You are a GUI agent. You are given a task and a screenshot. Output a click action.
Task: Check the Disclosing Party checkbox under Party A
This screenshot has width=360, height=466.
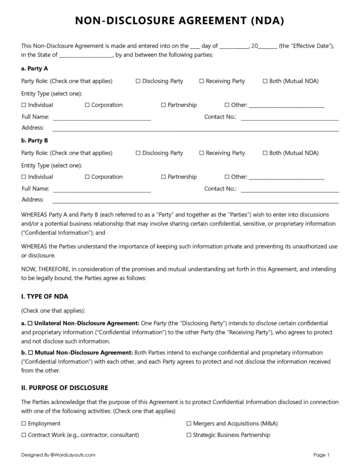click(138, 81)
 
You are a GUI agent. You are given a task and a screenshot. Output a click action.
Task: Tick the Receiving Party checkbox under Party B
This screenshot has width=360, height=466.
click(202, 153)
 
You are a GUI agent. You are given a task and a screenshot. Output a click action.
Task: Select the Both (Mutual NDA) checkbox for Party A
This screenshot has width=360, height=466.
click(265, 81)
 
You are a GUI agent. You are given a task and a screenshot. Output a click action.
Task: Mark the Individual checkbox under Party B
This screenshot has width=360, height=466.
click(24, 177)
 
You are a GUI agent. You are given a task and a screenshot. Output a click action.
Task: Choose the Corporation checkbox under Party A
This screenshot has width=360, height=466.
click(87, 105)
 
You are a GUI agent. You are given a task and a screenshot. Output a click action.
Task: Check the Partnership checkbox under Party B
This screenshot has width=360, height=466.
click(163, 177)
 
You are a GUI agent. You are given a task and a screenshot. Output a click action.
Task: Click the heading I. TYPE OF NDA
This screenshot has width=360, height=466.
click(45, 297)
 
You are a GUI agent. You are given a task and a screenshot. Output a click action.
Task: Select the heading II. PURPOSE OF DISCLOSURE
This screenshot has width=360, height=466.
click(65, 388)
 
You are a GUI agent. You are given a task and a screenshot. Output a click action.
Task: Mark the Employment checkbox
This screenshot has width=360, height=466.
click(24, 424)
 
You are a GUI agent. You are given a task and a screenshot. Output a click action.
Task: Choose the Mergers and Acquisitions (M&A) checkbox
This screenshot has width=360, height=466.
click(189, 424)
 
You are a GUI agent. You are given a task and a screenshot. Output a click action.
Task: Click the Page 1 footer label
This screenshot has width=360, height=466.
click(321, 455)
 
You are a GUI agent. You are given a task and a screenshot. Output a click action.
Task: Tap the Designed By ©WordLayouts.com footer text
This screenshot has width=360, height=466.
click(58, 455)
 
